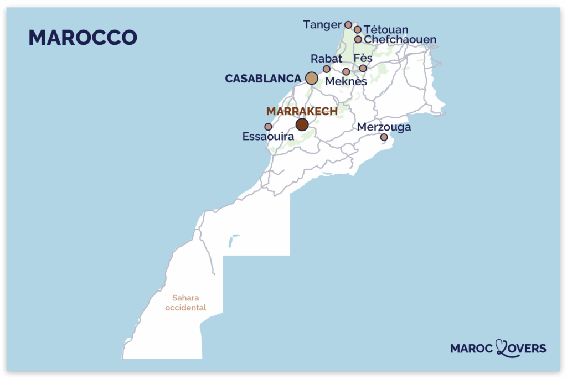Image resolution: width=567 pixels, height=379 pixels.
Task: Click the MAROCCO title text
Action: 83,37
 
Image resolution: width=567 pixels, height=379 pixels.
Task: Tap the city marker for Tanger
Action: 348,24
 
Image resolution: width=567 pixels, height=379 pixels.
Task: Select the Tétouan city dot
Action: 358,30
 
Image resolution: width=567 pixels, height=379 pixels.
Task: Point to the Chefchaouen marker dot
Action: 358,39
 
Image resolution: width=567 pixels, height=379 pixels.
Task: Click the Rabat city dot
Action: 327,69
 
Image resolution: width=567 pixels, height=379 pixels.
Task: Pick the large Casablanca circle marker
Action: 312,79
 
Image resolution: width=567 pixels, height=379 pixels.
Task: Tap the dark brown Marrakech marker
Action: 302,124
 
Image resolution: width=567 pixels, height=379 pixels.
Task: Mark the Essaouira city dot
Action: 268,127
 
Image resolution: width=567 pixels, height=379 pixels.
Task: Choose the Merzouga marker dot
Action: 384,137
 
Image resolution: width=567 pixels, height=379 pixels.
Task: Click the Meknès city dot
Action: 346,71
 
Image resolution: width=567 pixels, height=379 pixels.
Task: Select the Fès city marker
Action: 363,69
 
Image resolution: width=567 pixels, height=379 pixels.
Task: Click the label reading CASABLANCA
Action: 262,79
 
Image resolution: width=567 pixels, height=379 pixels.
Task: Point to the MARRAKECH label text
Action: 302,111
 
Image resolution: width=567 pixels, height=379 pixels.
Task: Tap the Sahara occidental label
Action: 185,302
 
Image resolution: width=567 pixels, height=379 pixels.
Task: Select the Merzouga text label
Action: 384,127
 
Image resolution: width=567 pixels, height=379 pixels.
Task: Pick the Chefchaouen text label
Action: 400,40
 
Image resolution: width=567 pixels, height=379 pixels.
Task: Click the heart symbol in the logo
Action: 501,347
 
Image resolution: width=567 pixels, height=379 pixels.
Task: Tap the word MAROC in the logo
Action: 472,349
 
